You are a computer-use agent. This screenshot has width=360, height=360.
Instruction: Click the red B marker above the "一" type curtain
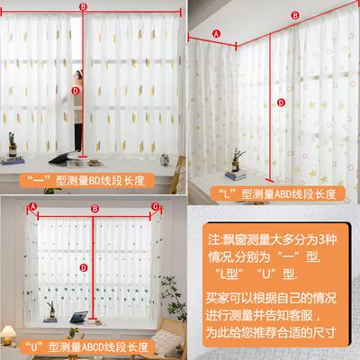[83, 7]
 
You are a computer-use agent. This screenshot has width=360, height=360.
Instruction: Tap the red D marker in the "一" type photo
[76, 91]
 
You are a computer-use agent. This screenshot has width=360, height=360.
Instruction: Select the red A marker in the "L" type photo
[216, 34]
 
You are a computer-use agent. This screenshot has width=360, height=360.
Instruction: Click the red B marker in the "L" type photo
[295, 15]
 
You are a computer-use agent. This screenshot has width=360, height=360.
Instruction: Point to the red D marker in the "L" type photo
[281, 103]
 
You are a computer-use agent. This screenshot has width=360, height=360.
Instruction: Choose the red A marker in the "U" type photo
[33, 206]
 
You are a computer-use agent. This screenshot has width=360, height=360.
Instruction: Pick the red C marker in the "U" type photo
[155, 206]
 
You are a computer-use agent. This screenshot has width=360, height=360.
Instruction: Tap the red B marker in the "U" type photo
[94, 209]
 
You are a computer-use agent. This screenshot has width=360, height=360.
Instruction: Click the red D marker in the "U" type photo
[84, 268]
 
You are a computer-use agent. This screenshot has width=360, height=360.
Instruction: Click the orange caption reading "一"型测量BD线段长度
[87, 181]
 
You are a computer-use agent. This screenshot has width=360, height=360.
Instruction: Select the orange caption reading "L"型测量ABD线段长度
[277, 193]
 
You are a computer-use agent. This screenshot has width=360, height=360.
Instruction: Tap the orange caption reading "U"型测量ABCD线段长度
[87, 347]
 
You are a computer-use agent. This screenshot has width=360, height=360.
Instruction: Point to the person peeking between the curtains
[77, 111]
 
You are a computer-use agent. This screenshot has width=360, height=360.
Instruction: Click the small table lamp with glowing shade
[8, 335]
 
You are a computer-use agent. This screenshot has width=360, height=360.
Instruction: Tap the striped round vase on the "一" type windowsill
[165, 160]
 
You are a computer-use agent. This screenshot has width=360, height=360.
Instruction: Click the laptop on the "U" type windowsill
[79, 317]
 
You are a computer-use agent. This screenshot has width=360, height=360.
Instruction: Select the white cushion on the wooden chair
[166, 342]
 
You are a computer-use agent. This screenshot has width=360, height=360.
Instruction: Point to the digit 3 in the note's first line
[321, 239]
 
